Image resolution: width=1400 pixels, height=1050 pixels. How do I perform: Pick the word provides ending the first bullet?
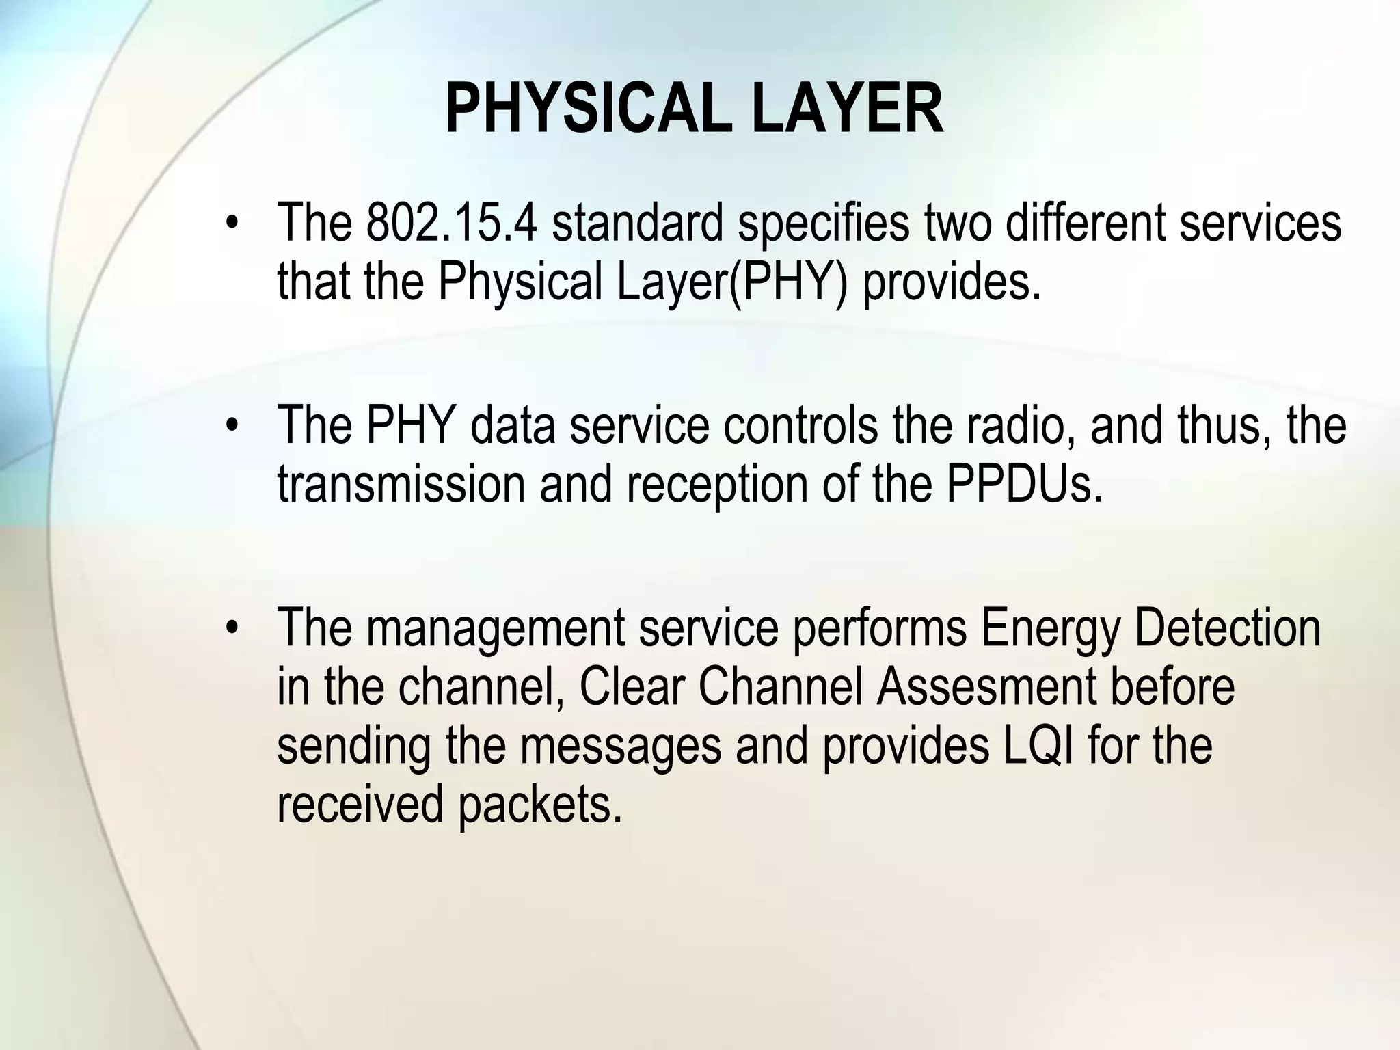click(952, 281)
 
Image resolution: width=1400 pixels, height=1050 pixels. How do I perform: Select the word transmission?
click(401, 483)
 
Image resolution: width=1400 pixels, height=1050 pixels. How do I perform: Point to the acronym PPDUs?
click(1024, 483)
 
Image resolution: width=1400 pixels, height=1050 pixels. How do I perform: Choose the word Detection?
click(1228, 627)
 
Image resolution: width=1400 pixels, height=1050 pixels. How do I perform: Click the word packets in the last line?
click(540, 804)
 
